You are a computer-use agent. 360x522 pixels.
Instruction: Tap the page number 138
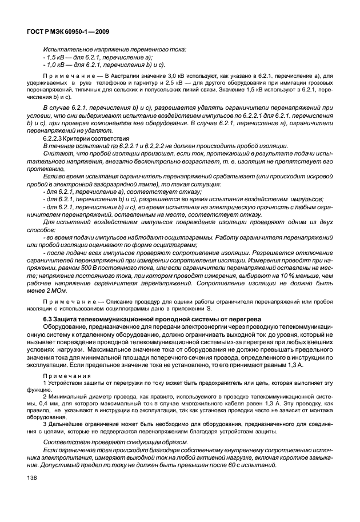tap(29, 478)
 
